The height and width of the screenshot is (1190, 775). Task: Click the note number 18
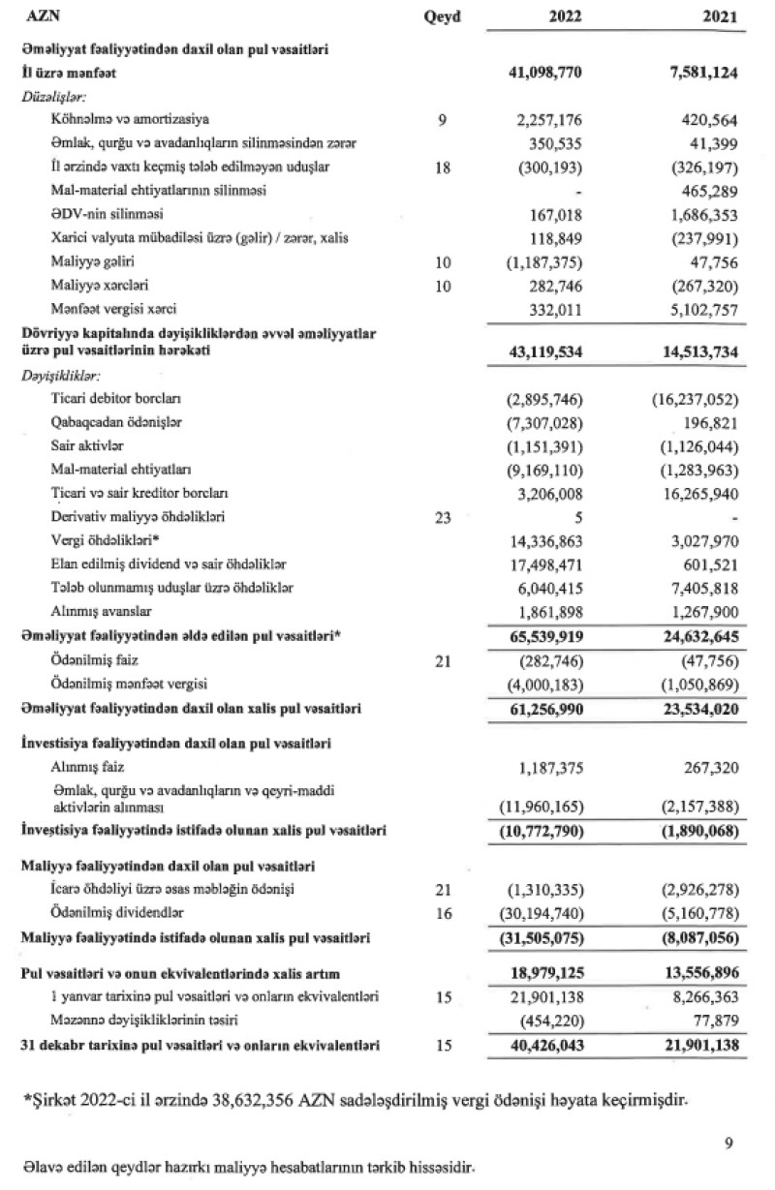coord(444,167)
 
